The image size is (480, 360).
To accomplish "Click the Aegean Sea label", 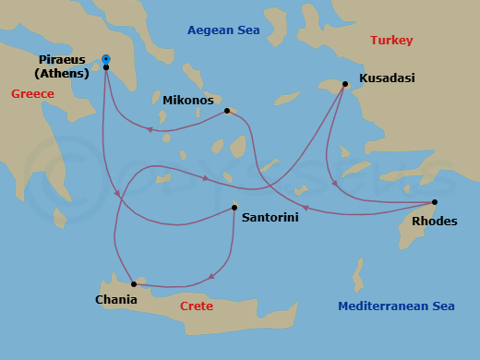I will coord(223,30).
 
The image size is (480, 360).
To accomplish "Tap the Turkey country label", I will coord(391,41).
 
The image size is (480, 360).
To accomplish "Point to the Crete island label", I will coord(197,306).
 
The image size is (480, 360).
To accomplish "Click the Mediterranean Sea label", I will coord(396,306).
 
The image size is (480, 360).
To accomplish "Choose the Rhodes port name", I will coord(434,221).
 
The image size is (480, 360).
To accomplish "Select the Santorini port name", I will coord(270,219).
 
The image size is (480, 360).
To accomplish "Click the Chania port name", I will coord(116,299).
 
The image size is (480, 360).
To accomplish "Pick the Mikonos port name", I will coord(188,100).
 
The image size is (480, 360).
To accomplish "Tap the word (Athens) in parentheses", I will coord(62,74).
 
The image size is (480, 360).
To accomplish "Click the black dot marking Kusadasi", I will coord(344,84).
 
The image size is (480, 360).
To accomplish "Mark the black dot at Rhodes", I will coord(435,202).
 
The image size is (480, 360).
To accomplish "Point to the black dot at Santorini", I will coord(234,208).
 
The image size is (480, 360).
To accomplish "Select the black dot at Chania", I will coord(134,283).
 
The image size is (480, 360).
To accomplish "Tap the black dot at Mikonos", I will coord(227,111).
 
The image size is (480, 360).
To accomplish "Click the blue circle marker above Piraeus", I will coord(106,59).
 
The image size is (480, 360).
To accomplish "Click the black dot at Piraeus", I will coord(106,67).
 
